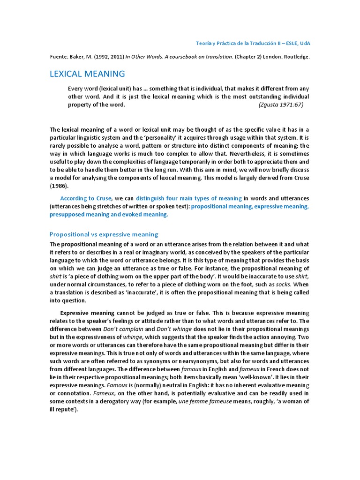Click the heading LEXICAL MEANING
click(x=88, y=74)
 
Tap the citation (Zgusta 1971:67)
click(x=281, y=105)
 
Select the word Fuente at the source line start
click(x=59, y=56)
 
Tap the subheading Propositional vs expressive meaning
click(x=104, y=234)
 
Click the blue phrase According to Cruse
click(x=85, y=198)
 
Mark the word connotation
click(x=71, y=393)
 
